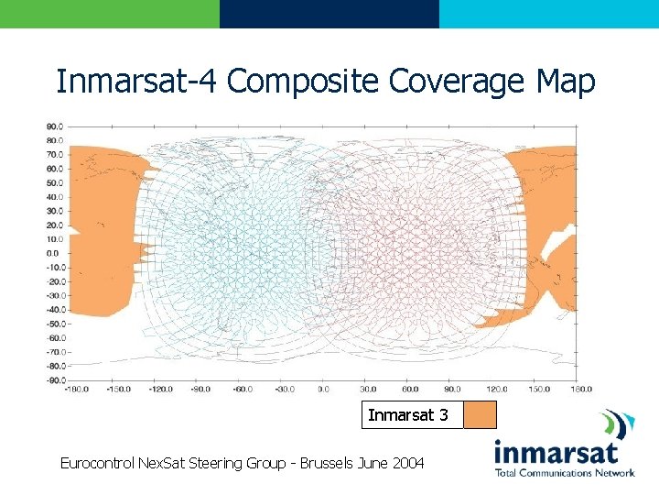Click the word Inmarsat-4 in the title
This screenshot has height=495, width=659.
pos(137,82)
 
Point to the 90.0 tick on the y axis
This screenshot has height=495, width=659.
pos(54,126)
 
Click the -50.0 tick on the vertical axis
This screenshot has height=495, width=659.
pos(54,324)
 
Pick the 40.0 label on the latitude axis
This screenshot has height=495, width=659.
pos(54,197)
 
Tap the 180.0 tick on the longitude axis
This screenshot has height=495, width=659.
pos(576,389)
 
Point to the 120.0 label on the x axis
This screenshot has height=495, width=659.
pos(492,389)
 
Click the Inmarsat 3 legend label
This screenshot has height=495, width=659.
pos(408,415)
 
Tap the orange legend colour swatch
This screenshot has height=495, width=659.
pos(480,415)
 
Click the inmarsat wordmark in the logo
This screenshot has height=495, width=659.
pos(556,453)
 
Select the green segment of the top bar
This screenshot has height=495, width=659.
pos(110,14)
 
